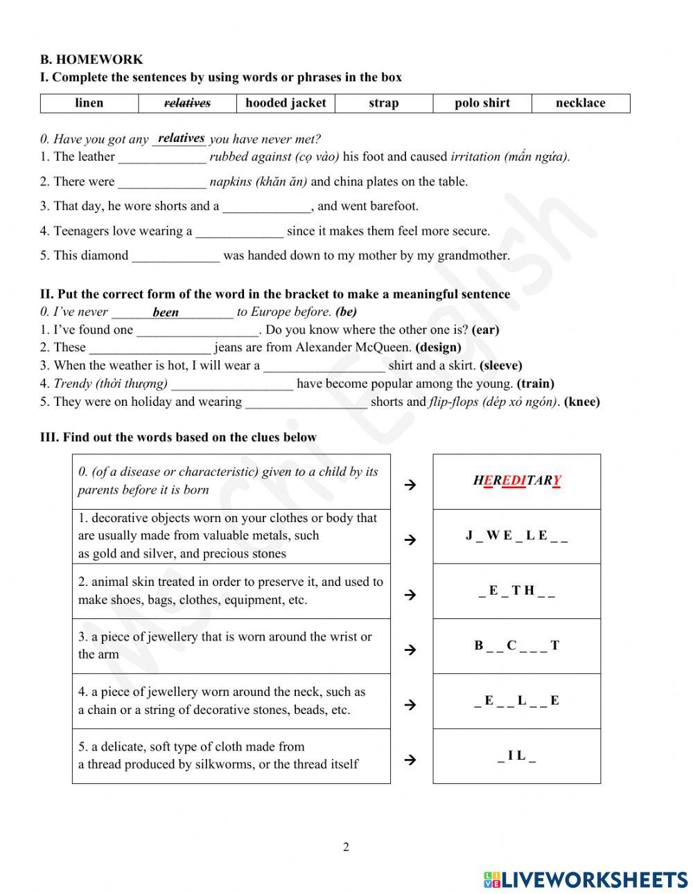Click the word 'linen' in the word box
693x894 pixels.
tap(89, 103)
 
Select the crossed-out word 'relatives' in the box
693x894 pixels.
tap(187, 103)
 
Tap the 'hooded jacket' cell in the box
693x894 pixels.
tap(286, 103)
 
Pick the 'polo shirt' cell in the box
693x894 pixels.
tap(482, 103)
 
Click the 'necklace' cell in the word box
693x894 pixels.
tap(580, 103)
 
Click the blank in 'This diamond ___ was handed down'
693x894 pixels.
tap(176, 256)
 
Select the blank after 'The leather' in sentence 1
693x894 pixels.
tap(162, 157)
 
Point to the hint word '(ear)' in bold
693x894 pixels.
tap(485, 330)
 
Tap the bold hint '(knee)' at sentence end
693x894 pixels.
tap(582, 402)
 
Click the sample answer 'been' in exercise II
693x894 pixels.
tap(166, 312)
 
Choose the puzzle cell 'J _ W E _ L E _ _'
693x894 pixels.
tap(516, 535)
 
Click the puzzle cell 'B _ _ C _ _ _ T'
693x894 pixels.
tap(516, 645)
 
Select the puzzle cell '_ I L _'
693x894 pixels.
tap(516, 756)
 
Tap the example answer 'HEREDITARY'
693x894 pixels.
tap(517, 481)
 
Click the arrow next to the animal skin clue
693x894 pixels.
tap(410, 594)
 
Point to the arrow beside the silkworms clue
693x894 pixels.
tap(410, 760)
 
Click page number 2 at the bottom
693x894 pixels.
tap(346, 847)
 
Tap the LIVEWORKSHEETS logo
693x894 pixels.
tap(586, 879)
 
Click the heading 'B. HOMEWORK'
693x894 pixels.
tap(91, 60)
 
